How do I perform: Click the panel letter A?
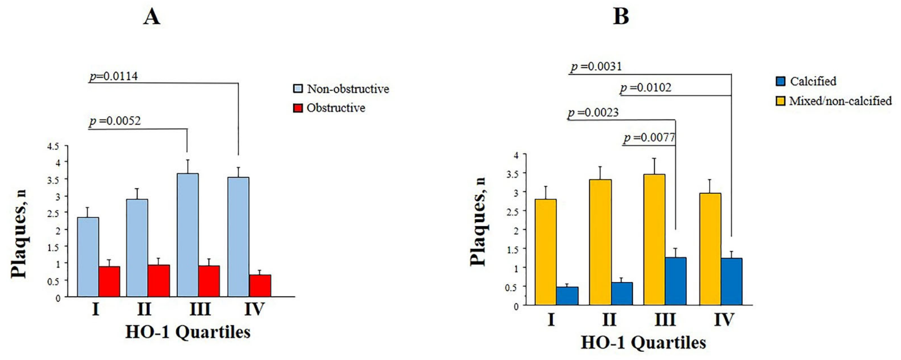point(152,17)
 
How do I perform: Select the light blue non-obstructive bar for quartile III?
point(188,235)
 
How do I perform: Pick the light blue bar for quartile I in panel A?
point(88,257)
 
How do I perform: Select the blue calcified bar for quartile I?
point(567,296)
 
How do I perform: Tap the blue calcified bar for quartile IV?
point(731,282)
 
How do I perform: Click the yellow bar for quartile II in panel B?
point(600,242)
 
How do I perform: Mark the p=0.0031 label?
point(596,66)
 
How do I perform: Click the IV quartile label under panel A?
point(254,309)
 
